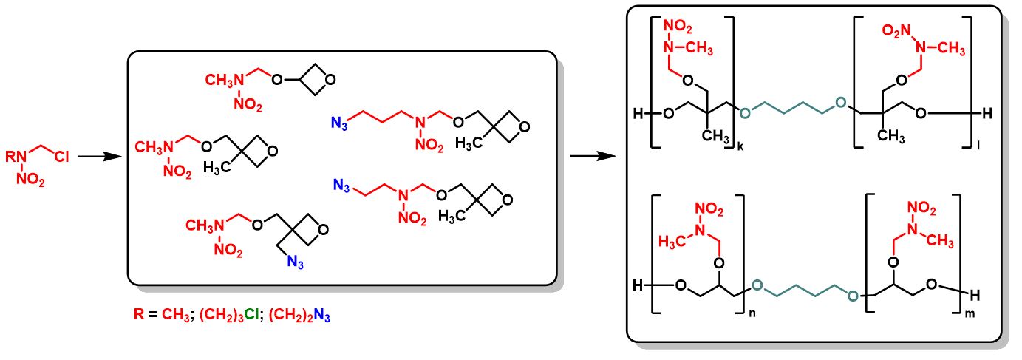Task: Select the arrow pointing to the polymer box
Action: click(590, 157)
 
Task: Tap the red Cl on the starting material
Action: click(61, 157)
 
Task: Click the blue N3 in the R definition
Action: click(323, 318)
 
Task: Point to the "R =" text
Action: click(139, 318)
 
